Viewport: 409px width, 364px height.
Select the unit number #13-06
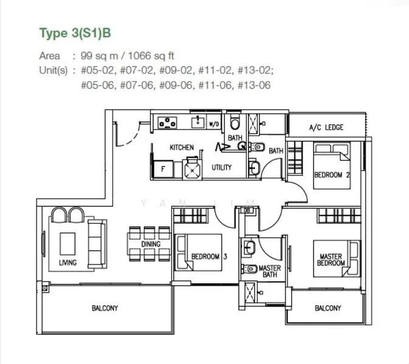click(254, 86)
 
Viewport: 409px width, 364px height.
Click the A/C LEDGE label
click(326, 127)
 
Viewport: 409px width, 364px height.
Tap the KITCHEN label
click(182, 147)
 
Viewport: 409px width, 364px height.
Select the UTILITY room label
click(221, 167)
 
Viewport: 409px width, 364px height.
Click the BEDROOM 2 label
click(332, 175)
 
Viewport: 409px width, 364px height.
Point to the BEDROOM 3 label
click(208, 257)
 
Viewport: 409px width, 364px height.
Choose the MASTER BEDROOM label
click(332, 260)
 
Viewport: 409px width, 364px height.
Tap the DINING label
click(151, 244)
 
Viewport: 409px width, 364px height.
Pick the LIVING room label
click(67, 263)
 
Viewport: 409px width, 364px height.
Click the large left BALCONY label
click(105, 308)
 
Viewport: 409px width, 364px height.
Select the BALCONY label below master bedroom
click(328, 308)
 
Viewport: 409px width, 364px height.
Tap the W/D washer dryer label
click(214, 124)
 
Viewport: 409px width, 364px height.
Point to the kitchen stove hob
click(167, 123)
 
